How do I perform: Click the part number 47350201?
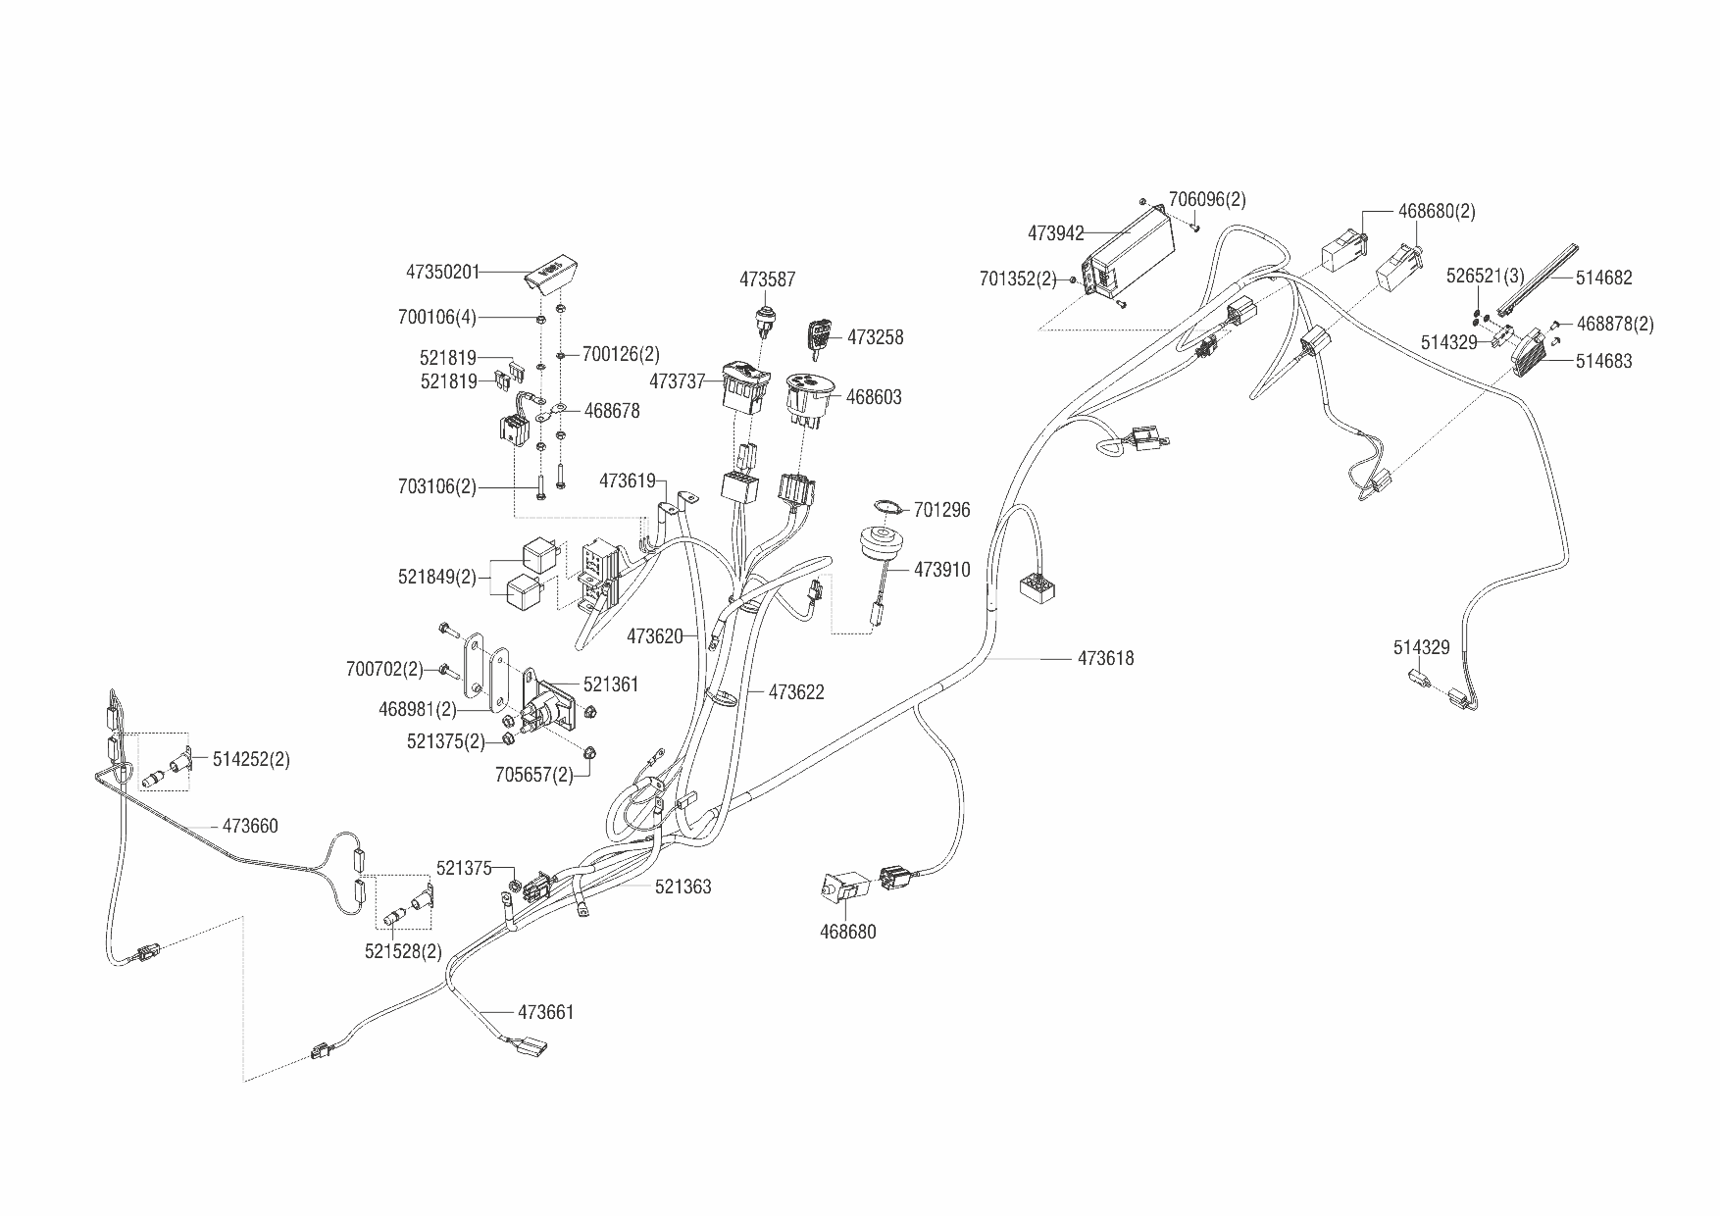click(x=442, y=271)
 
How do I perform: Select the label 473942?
click(x=1056, y=233)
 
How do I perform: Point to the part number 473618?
click(x=1105, y=659)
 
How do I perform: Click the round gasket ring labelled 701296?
click(x=886, y=506)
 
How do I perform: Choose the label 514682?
click(x=1603, y=278)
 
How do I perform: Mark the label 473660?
click(x=250, y=826)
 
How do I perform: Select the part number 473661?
click(x=545, y=1012)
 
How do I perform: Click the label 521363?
click(x=683, y=887)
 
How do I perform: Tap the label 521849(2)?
click(x=436, y=578)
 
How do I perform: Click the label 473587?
click(x=767, y=279)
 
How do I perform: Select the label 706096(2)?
click(x=1207, y=199)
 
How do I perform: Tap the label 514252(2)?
click(x=251, y=759)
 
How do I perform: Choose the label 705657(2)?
click(x=533, y=775)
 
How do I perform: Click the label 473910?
click(x=941, y=570)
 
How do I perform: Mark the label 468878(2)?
click(x=1614, y=324)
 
